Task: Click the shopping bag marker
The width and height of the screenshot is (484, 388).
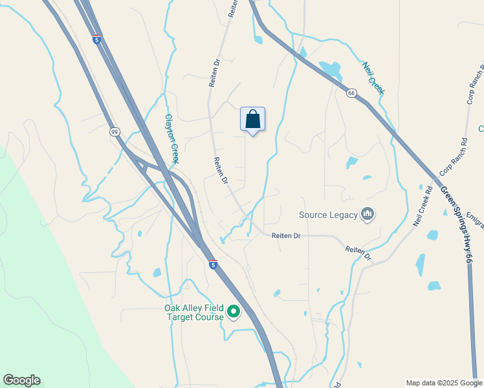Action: click(x=252, y=120)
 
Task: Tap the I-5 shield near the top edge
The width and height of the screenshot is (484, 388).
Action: click(x=96, y=39)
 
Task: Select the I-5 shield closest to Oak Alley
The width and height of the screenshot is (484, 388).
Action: click(x=213, y=264)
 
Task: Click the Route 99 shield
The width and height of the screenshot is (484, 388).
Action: click(x=115, y=132)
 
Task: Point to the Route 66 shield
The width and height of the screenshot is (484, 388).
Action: click(x=351, y=94)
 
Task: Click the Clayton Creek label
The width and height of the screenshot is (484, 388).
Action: click(x=171, y=138)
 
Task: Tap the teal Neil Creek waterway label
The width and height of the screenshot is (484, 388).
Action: click(x=373, y=78)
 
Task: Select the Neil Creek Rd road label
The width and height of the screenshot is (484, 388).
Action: click(x=423, y=206)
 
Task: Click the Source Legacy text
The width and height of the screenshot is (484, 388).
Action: click(x=329, y=215)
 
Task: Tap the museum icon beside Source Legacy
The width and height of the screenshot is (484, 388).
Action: click(x=368, y=214)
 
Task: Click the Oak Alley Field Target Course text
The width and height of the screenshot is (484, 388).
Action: click(x=194, y=313)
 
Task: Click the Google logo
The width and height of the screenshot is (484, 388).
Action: click(x=21, y=380)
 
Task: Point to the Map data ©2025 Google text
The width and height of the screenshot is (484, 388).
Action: click(x=444, y=383)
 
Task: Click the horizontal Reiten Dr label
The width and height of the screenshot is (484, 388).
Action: click(x=286, y=236)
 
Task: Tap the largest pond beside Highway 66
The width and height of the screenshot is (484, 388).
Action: click(x=331, y=69)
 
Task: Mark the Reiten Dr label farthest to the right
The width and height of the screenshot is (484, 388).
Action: click(x=358, y=253)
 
